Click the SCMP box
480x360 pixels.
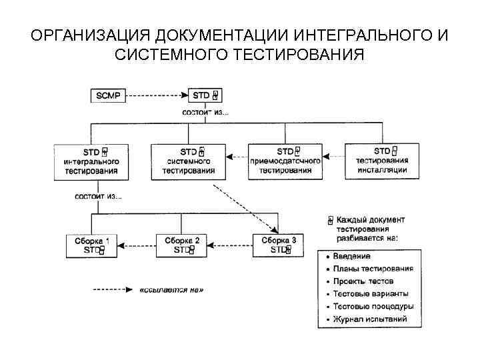(x=107, y=95)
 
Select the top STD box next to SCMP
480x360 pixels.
(x=204, y=95)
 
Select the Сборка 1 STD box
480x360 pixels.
(x=91, y=245)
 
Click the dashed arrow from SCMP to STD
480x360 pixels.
(x=157, y=95)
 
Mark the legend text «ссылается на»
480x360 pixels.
(x=172, y=290)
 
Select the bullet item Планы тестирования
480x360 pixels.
(x=374, y=269)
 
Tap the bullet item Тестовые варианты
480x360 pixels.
(x=372, y=294)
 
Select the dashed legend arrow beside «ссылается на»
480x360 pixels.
(x=113, y=290)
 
